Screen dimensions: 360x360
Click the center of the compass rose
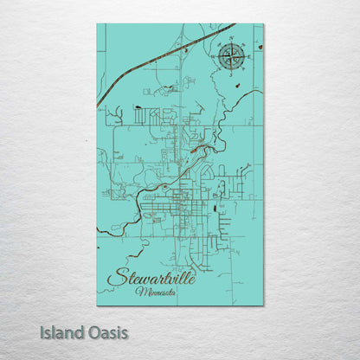tap(231, 57)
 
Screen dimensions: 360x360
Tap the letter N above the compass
tap(231, 40)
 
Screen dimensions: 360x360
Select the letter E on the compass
tap(249, 57)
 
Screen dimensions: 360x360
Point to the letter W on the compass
tap(213, 57)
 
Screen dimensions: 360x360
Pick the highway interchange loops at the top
tap(183, 48)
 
